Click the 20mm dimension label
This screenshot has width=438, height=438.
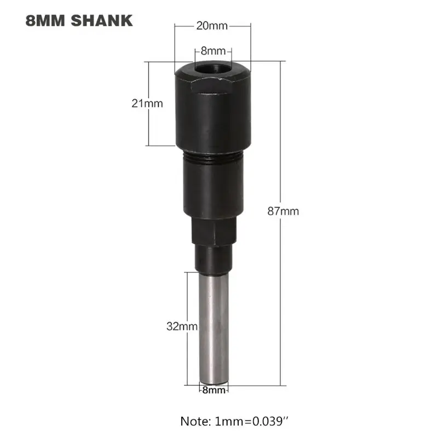tap(212, 25)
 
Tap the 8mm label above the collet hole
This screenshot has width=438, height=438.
tap(213, 51)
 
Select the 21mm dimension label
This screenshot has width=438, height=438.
tap(147, 102)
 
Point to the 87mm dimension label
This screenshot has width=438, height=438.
tap(283, 211)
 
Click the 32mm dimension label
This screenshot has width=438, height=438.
tap(181, 326)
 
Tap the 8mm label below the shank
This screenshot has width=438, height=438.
tap(213, 390)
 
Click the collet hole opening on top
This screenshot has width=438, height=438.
tap(212, 70)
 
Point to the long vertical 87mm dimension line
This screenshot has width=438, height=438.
tap(280, 137)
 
